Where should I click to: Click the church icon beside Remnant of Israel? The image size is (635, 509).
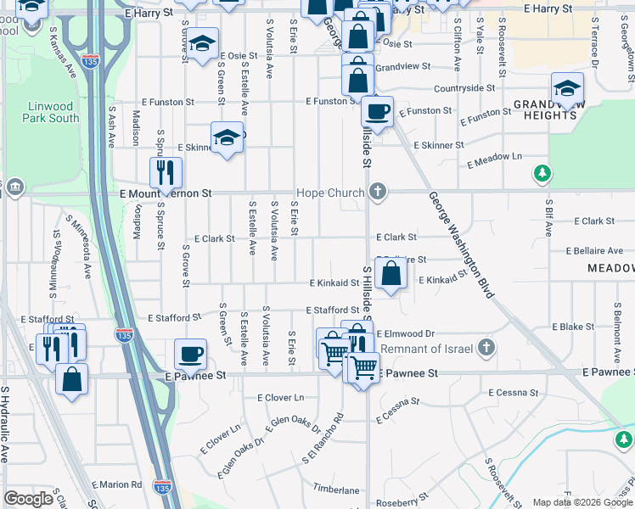486,347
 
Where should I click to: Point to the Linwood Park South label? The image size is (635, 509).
53,112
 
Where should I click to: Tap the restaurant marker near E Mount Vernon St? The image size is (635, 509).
166,172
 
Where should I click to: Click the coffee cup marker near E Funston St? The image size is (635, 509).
377,111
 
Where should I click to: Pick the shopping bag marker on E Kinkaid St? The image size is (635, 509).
391,275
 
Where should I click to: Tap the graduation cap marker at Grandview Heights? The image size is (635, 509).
567,87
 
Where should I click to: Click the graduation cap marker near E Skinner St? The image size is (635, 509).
227,137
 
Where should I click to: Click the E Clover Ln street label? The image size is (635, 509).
280,397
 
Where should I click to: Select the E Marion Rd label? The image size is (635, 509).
119,484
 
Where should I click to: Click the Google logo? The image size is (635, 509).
28,499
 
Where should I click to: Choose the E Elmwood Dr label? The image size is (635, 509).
405,334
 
